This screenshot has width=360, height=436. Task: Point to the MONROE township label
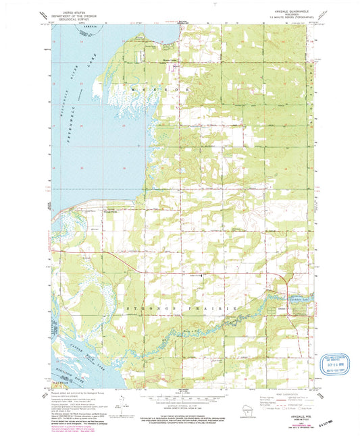pyautogui.click(x=165, y=88)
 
